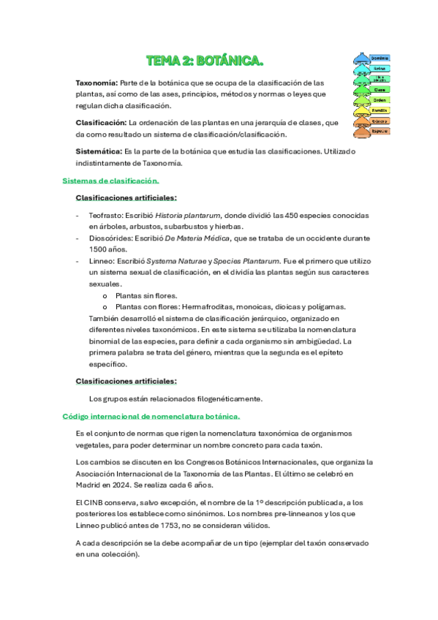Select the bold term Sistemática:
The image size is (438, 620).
pos(99,151)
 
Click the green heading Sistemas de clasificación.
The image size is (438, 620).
pos(110,180)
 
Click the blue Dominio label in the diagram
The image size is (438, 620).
pos(379,57)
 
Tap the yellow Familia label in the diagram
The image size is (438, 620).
pos(379,110)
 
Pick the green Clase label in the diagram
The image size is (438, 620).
pos(380,89)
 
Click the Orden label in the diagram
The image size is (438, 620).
pos(380,100)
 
